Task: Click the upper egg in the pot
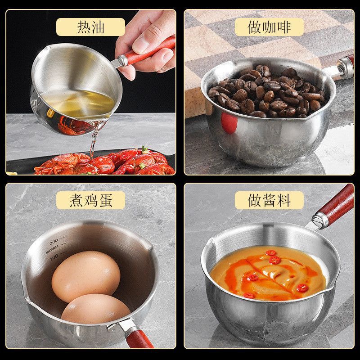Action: click(x=86, y=276)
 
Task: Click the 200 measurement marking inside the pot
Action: click(x=53, y=241)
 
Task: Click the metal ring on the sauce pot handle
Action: click(x=320, y=220)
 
